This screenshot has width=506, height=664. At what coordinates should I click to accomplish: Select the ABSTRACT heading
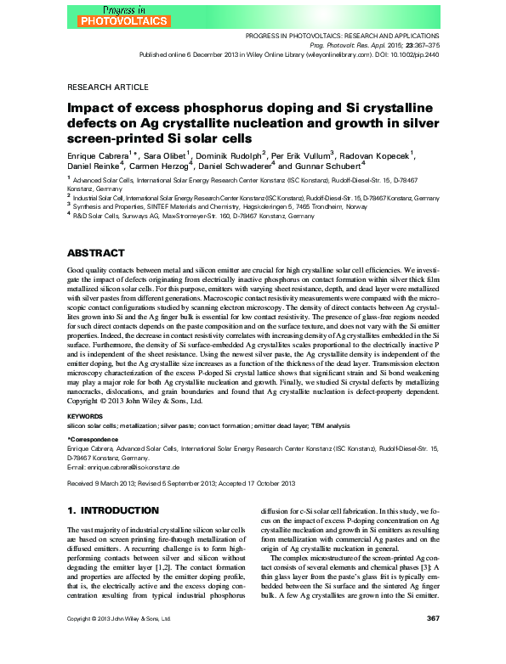[95, 253]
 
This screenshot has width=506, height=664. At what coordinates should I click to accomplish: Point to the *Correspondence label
[94, 438]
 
